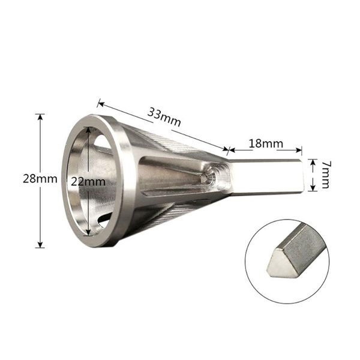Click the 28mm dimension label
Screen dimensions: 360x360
[x=22, y=178]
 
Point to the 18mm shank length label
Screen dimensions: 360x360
[x=265, y=144]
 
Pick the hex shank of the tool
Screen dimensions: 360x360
[x=267, y=176]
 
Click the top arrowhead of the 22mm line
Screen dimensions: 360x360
[x=89, y=131]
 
